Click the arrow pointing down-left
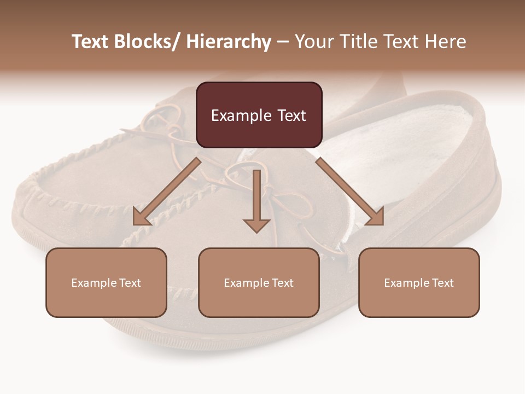click(166, 192)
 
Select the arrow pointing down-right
click(350, 192)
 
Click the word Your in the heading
click(313, 42)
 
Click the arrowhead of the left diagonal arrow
click(141, 217)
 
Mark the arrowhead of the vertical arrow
click(256, 224)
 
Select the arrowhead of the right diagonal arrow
click(376, 217)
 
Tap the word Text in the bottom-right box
click(442, 283)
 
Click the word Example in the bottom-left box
click(94, 283)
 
